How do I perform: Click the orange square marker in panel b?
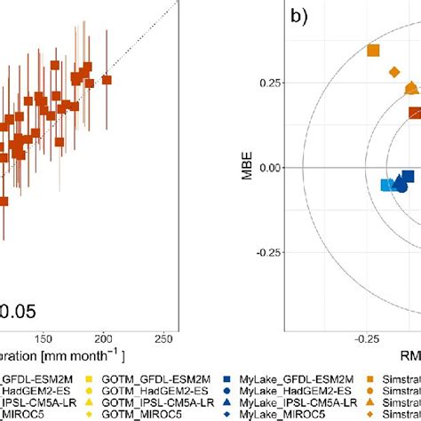coord(373,51)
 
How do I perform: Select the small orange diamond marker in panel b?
coord(394,72)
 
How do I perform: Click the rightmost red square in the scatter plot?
coord(107,80)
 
